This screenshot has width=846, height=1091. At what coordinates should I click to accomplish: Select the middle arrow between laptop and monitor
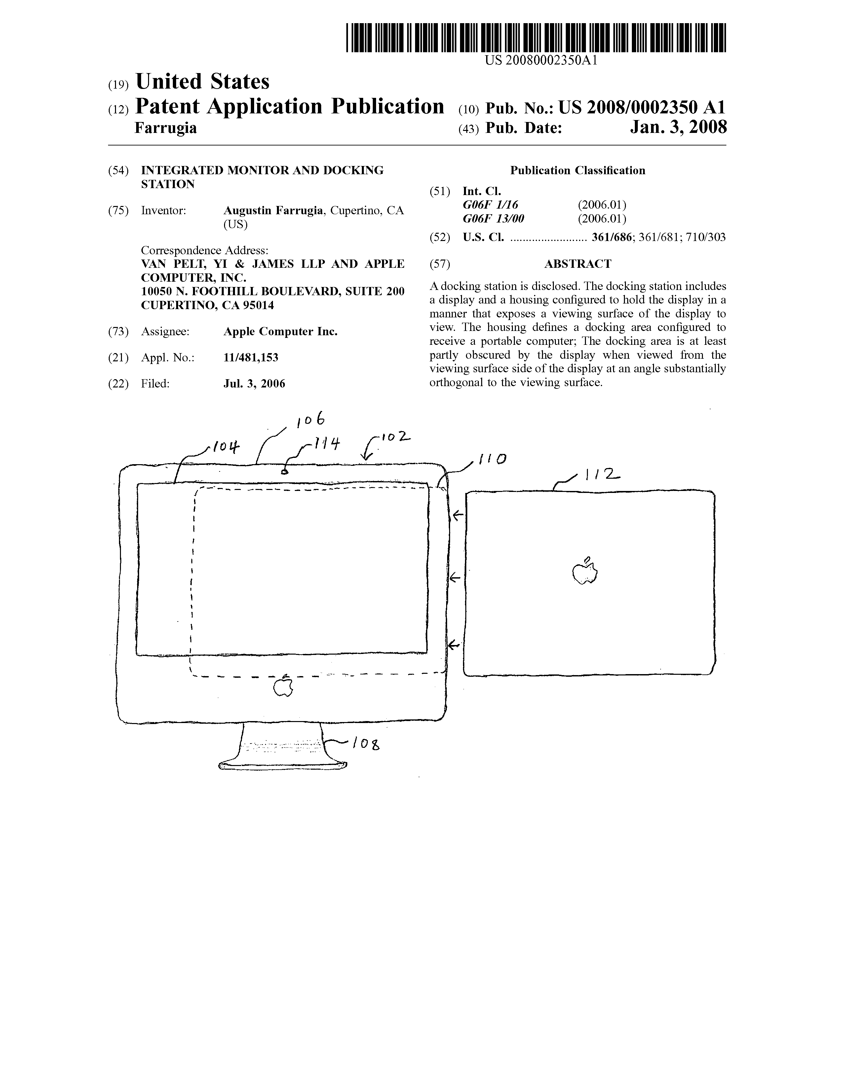tap(454, 578)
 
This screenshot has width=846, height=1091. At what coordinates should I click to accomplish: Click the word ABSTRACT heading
tap(577, 264)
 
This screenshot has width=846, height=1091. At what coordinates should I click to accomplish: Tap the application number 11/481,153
tap(251, 358)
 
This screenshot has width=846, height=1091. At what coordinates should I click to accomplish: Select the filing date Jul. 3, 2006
tap(254, 384)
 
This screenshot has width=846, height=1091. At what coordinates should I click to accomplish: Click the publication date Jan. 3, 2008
tap(678, 127)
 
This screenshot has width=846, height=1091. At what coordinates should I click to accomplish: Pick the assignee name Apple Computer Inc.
tap(280, 332)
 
